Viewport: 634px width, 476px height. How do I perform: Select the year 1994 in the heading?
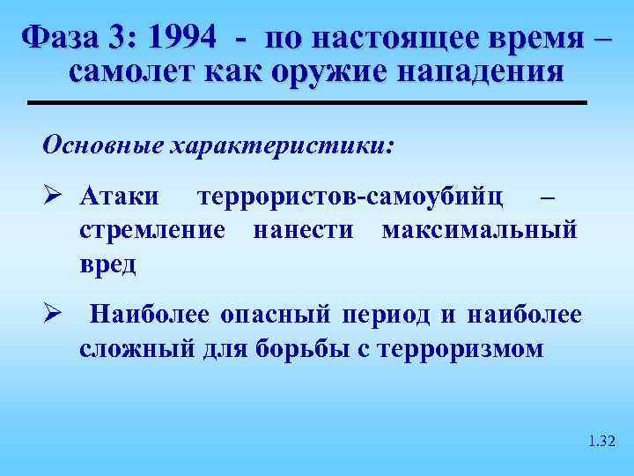[184, 38]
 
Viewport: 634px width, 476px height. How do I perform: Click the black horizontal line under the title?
[307, 103]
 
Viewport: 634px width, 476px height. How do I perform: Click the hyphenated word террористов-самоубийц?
[352, 195]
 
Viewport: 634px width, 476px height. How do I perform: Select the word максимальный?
[480, 230]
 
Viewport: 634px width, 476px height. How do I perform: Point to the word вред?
[108, 264]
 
